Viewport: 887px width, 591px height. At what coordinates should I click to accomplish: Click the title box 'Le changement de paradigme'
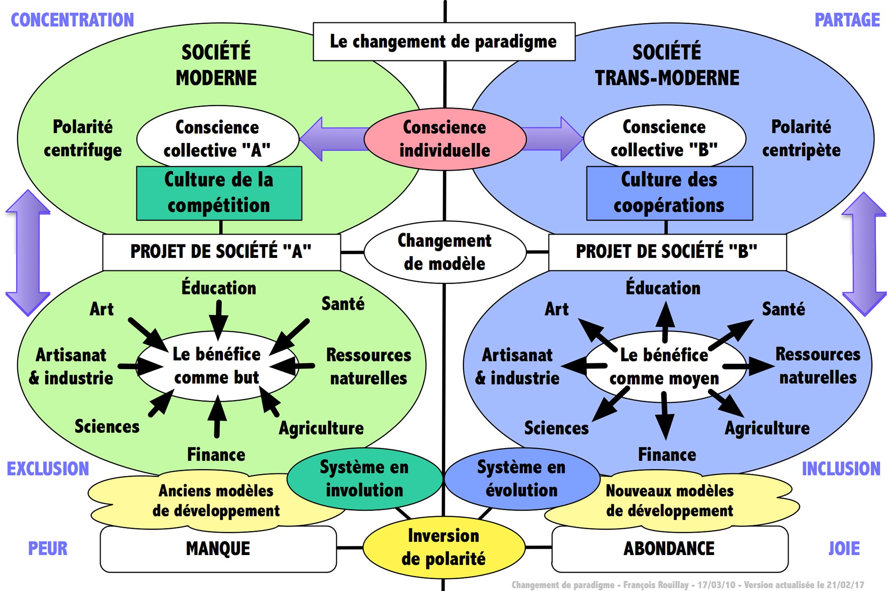tap(443, 41)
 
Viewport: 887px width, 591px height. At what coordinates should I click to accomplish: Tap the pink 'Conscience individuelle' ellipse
tap(445, 139)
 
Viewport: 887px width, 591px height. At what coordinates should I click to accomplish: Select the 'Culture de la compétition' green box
tap(219, 193)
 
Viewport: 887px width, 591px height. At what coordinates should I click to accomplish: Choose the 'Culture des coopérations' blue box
tap(669, 193)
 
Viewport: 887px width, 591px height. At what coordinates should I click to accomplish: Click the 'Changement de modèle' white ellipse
tap(445, 252)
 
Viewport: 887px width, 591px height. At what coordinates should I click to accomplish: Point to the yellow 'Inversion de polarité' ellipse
tap(443, 547)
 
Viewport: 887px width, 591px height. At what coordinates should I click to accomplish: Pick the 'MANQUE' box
tap(218, 549)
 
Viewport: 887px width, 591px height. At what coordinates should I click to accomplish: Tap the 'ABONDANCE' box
tap(669, 549)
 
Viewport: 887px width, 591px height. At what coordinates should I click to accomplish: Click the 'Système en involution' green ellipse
tap(364, 479)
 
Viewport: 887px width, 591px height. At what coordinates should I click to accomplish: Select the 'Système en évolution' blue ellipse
tap(522, 479)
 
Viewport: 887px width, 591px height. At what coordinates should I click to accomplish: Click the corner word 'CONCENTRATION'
tap(72, 20)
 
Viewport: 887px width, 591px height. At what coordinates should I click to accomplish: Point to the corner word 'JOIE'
tap(844, 549)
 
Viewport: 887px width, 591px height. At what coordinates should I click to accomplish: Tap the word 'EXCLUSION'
tap(48, 469)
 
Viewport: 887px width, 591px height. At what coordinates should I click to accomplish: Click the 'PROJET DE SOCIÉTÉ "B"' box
tap(667, 252)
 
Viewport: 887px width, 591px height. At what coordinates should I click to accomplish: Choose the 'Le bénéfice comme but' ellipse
tap(217, 366)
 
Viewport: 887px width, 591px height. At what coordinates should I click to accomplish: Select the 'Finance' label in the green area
tap(216, 455)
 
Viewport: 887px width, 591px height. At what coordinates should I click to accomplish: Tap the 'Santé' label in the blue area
tap(783, 309)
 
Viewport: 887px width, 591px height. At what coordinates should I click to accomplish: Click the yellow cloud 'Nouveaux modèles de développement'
tap(669, 501)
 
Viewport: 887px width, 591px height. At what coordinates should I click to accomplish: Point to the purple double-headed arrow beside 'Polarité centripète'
tap(864, 254)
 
